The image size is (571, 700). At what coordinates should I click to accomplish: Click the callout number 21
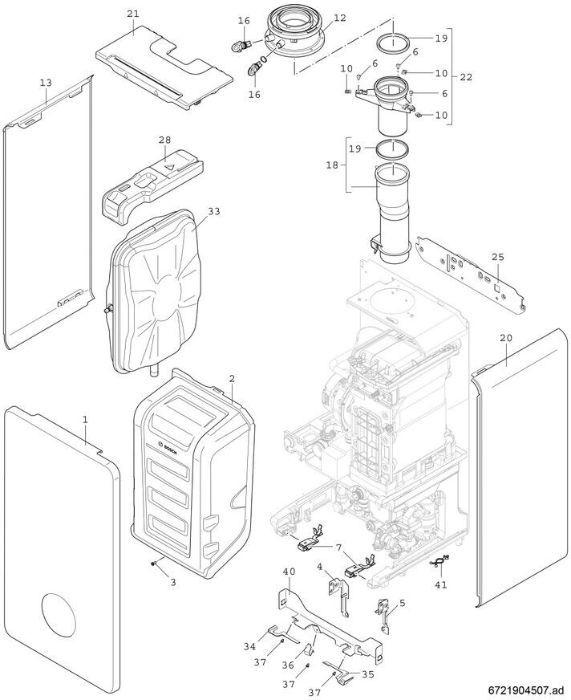132,14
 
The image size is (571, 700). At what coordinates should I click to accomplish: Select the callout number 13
45,83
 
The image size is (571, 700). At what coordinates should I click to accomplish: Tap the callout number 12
340,18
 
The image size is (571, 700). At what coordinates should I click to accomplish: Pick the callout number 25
498,257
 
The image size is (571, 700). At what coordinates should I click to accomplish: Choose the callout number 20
505,339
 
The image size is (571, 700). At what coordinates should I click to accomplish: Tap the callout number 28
164,140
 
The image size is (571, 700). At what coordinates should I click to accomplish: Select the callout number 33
213,212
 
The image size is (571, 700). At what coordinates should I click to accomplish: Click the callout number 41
440,585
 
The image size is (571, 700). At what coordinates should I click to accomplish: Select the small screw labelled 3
153,566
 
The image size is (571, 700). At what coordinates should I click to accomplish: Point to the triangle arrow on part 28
170,168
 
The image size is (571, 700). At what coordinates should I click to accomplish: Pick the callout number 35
367,675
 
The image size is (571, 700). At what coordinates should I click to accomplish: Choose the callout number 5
402,602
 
